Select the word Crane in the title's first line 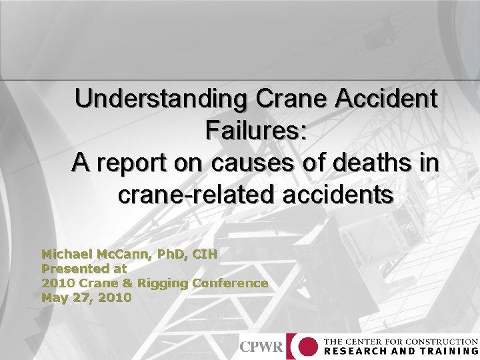pos(290,99)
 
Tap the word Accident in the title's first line pos(386,99)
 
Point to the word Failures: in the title pos(256,130)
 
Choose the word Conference pos(230,283)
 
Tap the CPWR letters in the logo pos(261,347)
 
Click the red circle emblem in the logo pos(307,347)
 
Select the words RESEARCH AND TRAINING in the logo pos(401,351)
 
